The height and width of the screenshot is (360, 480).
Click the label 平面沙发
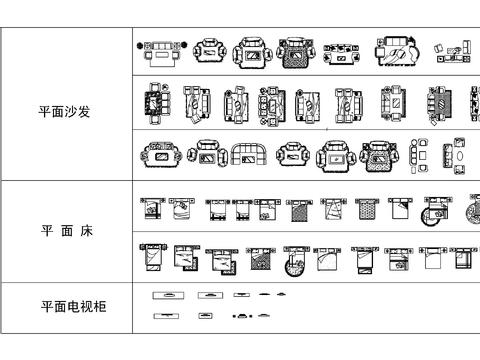(65, 112)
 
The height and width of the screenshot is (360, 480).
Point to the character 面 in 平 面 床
(66, 231)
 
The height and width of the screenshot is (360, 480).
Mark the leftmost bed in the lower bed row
(152, 258)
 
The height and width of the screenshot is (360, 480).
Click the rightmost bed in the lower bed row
(461, 258)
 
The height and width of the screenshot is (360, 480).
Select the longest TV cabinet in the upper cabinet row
(166, 295)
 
